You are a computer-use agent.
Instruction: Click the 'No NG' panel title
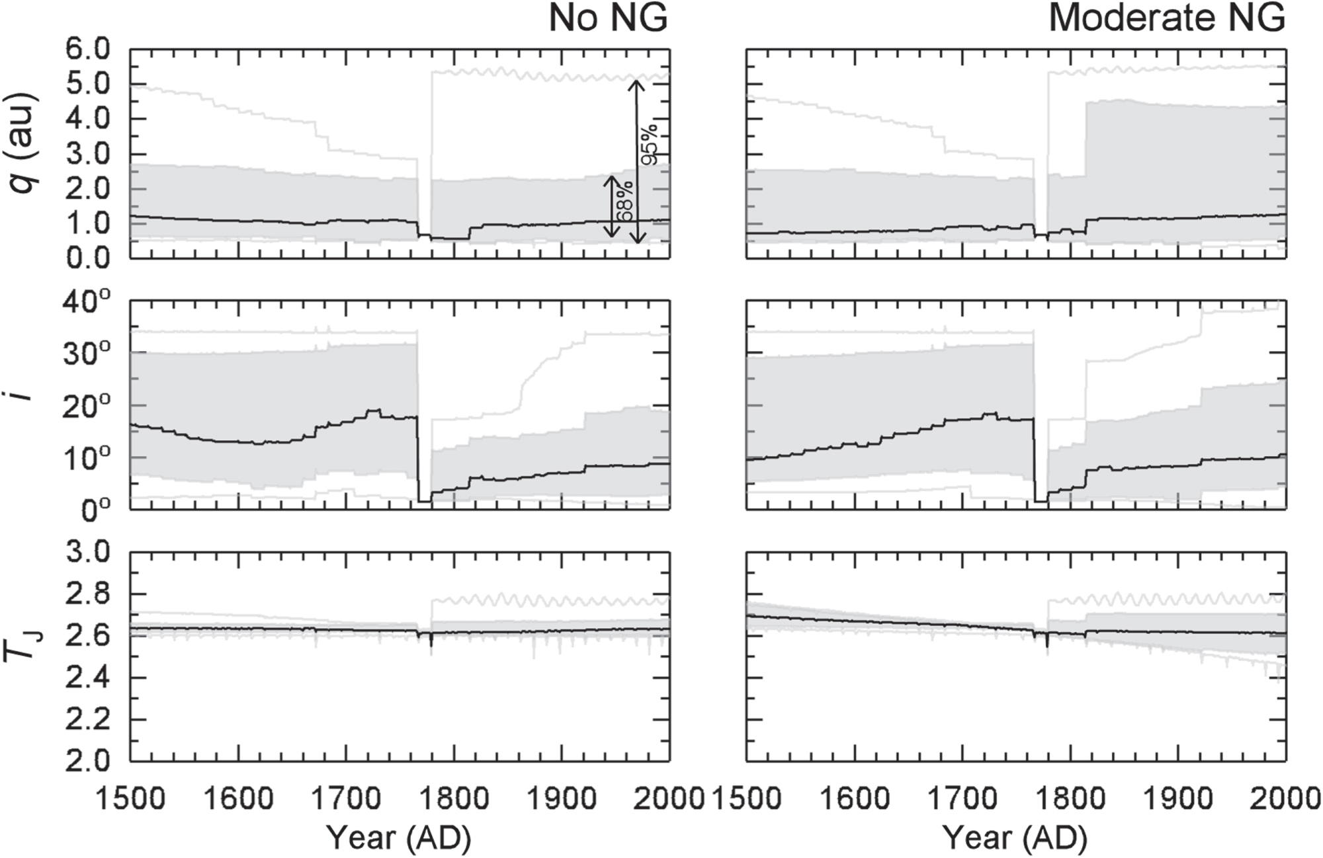[x=608, y=19]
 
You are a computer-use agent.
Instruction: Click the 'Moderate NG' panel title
[x=1168, y=19]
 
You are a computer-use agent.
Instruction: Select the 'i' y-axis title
[x=23, y=405]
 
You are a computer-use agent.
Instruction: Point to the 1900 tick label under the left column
[x=562, y=799]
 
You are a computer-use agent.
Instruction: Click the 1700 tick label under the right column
[x=962, y=799]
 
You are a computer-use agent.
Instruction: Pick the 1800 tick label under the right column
[x=1070, y=799]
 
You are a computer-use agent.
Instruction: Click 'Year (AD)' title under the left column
[x=399, y=838]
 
